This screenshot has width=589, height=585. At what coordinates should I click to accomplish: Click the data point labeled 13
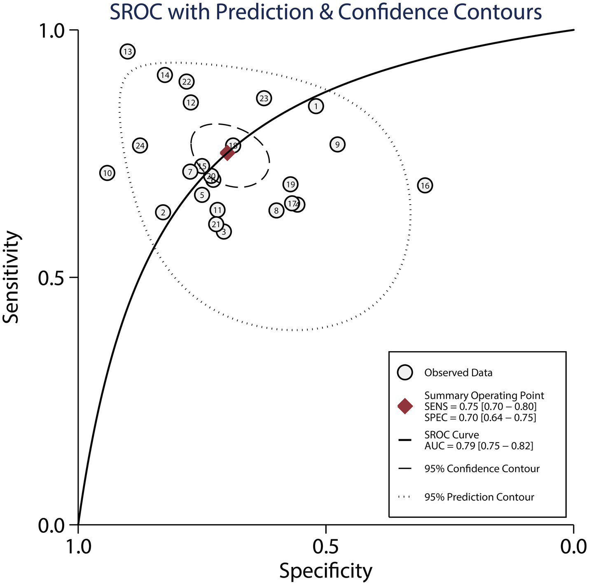coord(128,51)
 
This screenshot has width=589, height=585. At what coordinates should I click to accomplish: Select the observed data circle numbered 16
coord(425,186)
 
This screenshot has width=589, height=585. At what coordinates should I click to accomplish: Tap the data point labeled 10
coord(107,173)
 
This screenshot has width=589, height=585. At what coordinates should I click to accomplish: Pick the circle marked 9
coord(337,145)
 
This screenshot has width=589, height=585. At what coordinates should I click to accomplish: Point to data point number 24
coord(140,146)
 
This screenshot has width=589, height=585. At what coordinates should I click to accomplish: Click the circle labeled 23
coord(264,98)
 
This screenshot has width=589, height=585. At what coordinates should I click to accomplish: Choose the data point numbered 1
coord(316,106)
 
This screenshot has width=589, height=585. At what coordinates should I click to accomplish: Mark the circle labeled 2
coord(163,212)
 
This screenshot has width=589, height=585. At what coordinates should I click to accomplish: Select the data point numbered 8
coord(276,211)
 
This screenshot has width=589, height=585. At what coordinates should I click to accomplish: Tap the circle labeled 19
coord(290,184)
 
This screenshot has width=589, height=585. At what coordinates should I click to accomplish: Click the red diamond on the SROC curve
coord(227,153)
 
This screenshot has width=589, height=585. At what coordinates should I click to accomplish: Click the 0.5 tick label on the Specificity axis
coord(325,547)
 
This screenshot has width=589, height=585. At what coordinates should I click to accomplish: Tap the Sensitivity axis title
coord(12,277)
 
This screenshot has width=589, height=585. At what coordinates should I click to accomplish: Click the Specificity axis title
coord(325,571)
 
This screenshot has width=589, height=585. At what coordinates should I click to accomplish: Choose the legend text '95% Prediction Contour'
coord(479,497)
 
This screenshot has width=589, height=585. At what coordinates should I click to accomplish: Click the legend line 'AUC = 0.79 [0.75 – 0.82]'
coord(479,446)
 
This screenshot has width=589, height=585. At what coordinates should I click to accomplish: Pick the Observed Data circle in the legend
coord(405,373)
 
